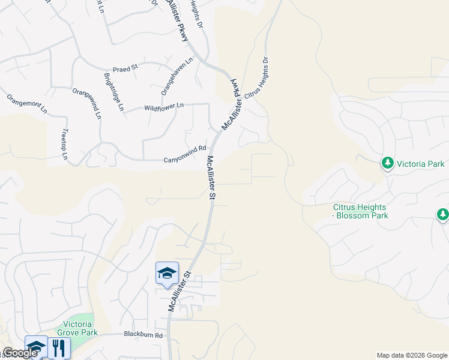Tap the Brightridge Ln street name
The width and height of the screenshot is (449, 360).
(x=113, y=92)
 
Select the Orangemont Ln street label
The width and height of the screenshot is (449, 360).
(x=26, y=103)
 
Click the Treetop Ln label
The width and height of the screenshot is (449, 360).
(x=65, y=144)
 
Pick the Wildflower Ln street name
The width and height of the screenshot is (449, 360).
(x=164, y=107)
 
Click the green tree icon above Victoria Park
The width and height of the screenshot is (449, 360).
(x=387, y=163)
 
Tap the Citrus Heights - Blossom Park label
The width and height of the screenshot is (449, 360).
(x=361, y=211)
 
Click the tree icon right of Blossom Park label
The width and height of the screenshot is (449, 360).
(x=442, y=214)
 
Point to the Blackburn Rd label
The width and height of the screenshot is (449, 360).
(x=143, y=334)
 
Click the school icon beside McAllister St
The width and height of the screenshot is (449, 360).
(x=167, y=274)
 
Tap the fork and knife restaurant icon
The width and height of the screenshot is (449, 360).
(x=58, y=348)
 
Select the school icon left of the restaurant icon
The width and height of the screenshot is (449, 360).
(x=36, y=347)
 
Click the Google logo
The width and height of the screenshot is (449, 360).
(x=20, y=353)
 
